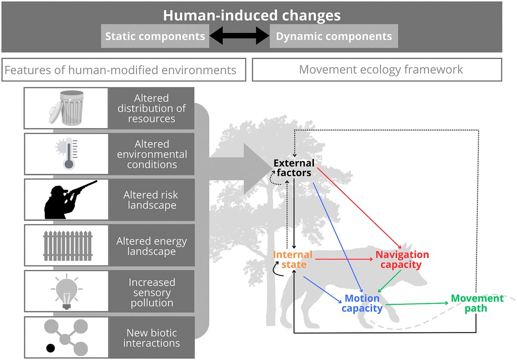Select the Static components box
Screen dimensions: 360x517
pos(155,36)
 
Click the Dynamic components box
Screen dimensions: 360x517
pos(334,36)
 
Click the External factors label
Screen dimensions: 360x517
pos(294,168)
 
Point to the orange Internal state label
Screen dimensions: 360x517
pos(293,259)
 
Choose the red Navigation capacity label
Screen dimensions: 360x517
pos(402,260)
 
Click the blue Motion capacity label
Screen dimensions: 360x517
pos(362,304)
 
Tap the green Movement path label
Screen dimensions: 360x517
pos(477,303)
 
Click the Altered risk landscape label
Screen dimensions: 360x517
pos(152,200)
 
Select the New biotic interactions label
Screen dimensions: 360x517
pos(152,338)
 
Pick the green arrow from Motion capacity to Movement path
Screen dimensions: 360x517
pos(416,304)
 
